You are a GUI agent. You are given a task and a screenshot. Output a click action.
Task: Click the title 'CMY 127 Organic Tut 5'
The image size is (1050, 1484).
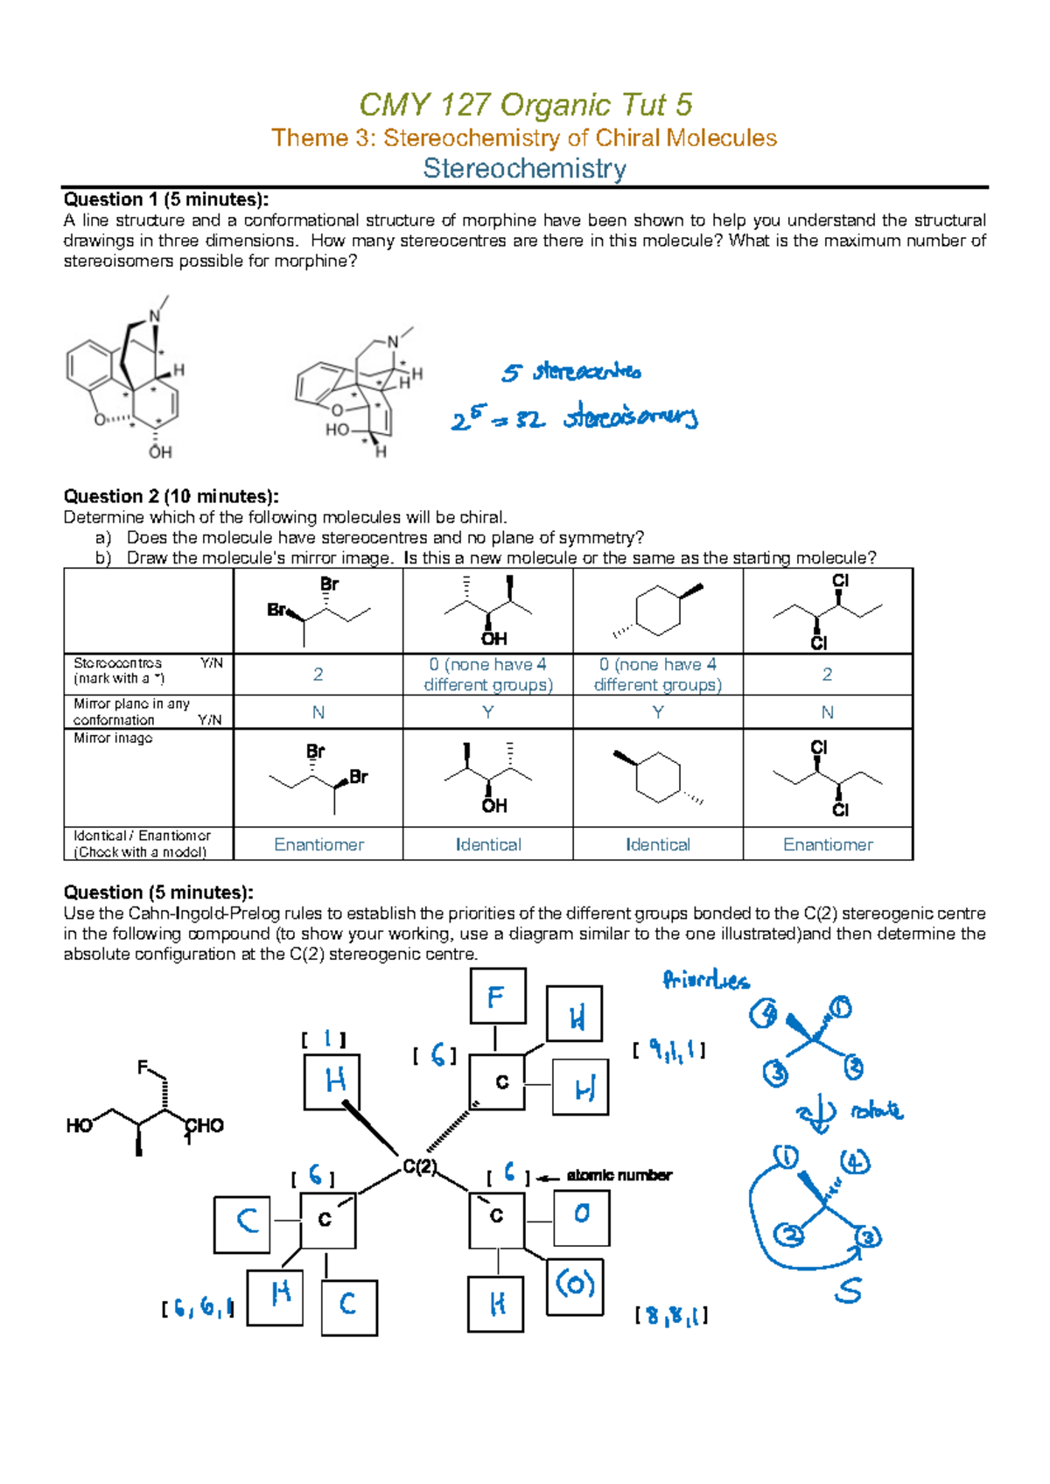[525, 105]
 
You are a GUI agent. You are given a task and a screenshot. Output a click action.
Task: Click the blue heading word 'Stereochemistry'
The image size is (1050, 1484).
[524, 168]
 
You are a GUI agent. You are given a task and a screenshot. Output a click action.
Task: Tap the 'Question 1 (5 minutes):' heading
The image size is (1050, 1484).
[166, 199]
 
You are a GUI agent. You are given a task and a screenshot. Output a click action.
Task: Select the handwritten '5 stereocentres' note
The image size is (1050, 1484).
[571, 372]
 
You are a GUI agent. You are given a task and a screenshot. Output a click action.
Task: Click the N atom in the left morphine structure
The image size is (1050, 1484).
[155, 317]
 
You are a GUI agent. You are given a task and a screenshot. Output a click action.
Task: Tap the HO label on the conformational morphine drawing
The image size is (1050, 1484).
[338, 430]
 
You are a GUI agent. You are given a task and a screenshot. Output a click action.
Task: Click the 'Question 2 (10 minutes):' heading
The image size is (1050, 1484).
[171, 496]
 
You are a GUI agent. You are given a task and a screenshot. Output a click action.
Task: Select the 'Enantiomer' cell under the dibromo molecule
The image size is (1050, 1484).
[318, 844]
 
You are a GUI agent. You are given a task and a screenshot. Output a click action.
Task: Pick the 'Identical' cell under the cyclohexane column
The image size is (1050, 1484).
[658, 844]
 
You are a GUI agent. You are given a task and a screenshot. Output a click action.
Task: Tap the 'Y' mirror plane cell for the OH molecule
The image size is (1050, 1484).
[488, 712]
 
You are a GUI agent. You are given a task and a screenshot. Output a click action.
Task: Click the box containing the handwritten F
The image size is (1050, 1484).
[497, 996]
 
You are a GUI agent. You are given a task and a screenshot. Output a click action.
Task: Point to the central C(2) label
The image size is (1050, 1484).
[419, 1166]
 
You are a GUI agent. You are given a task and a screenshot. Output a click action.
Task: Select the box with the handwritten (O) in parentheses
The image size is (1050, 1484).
[575, 1285]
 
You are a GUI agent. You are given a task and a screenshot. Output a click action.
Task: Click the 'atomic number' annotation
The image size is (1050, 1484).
[619, 1175]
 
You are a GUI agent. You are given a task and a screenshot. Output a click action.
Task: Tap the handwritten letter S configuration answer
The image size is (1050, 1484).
[847, 1291]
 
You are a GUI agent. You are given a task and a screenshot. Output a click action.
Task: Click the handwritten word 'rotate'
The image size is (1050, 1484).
[876, 1110]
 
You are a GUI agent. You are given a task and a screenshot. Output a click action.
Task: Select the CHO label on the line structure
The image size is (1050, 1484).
[206, 1125]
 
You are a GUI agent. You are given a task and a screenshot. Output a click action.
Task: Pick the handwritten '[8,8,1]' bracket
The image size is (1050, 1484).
[671, 1315]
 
